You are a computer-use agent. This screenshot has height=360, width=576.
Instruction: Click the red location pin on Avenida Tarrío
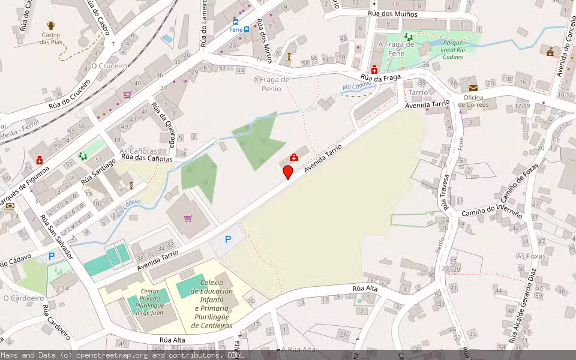288,172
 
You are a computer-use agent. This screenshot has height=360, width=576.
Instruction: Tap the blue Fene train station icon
247,29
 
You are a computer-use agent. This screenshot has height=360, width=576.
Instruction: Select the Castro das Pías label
51,38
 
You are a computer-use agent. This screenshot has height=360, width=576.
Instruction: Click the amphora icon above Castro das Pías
51,26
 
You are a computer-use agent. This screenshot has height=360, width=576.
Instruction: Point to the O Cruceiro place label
109,65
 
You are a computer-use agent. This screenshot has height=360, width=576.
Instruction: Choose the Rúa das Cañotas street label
147,159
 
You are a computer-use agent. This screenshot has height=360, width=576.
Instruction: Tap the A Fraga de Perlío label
271,84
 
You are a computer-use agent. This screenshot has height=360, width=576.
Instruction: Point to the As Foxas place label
530,256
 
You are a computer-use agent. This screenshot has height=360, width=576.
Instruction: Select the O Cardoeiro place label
23,298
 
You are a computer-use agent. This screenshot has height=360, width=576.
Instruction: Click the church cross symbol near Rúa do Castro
113,43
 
